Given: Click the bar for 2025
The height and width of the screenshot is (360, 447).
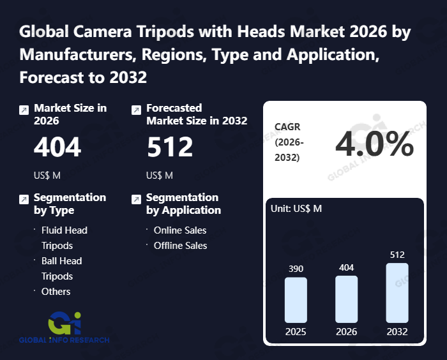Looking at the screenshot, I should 296,299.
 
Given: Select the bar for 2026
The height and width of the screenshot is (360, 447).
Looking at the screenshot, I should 346,299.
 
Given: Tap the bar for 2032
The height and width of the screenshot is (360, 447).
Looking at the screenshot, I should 397,292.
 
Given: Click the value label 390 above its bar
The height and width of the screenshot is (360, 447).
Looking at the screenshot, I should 296,269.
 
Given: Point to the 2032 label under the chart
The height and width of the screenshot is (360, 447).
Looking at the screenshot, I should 397,332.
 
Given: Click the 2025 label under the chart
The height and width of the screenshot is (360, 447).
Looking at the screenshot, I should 296,332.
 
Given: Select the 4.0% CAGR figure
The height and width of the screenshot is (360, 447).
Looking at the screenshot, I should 374,146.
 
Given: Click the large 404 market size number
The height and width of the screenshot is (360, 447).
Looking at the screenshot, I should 57,148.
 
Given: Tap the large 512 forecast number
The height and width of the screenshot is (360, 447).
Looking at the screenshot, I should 170,148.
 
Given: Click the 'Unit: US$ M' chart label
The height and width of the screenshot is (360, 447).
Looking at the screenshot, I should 296,209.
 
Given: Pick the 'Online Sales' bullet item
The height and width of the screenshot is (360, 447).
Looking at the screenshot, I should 180,230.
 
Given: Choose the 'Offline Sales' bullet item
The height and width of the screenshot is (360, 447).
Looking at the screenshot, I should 181,245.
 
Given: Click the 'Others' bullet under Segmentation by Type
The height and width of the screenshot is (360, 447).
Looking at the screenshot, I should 56,291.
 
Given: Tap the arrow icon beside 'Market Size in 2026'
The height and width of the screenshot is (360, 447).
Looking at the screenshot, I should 24,110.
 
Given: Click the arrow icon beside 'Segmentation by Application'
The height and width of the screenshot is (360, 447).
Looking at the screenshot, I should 136,199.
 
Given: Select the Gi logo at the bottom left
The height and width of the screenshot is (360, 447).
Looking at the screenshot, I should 64,322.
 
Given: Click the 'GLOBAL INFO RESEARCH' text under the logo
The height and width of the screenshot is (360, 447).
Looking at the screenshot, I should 64,340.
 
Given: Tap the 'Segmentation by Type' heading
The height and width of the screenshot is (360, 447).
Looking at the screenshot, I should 70,204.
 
